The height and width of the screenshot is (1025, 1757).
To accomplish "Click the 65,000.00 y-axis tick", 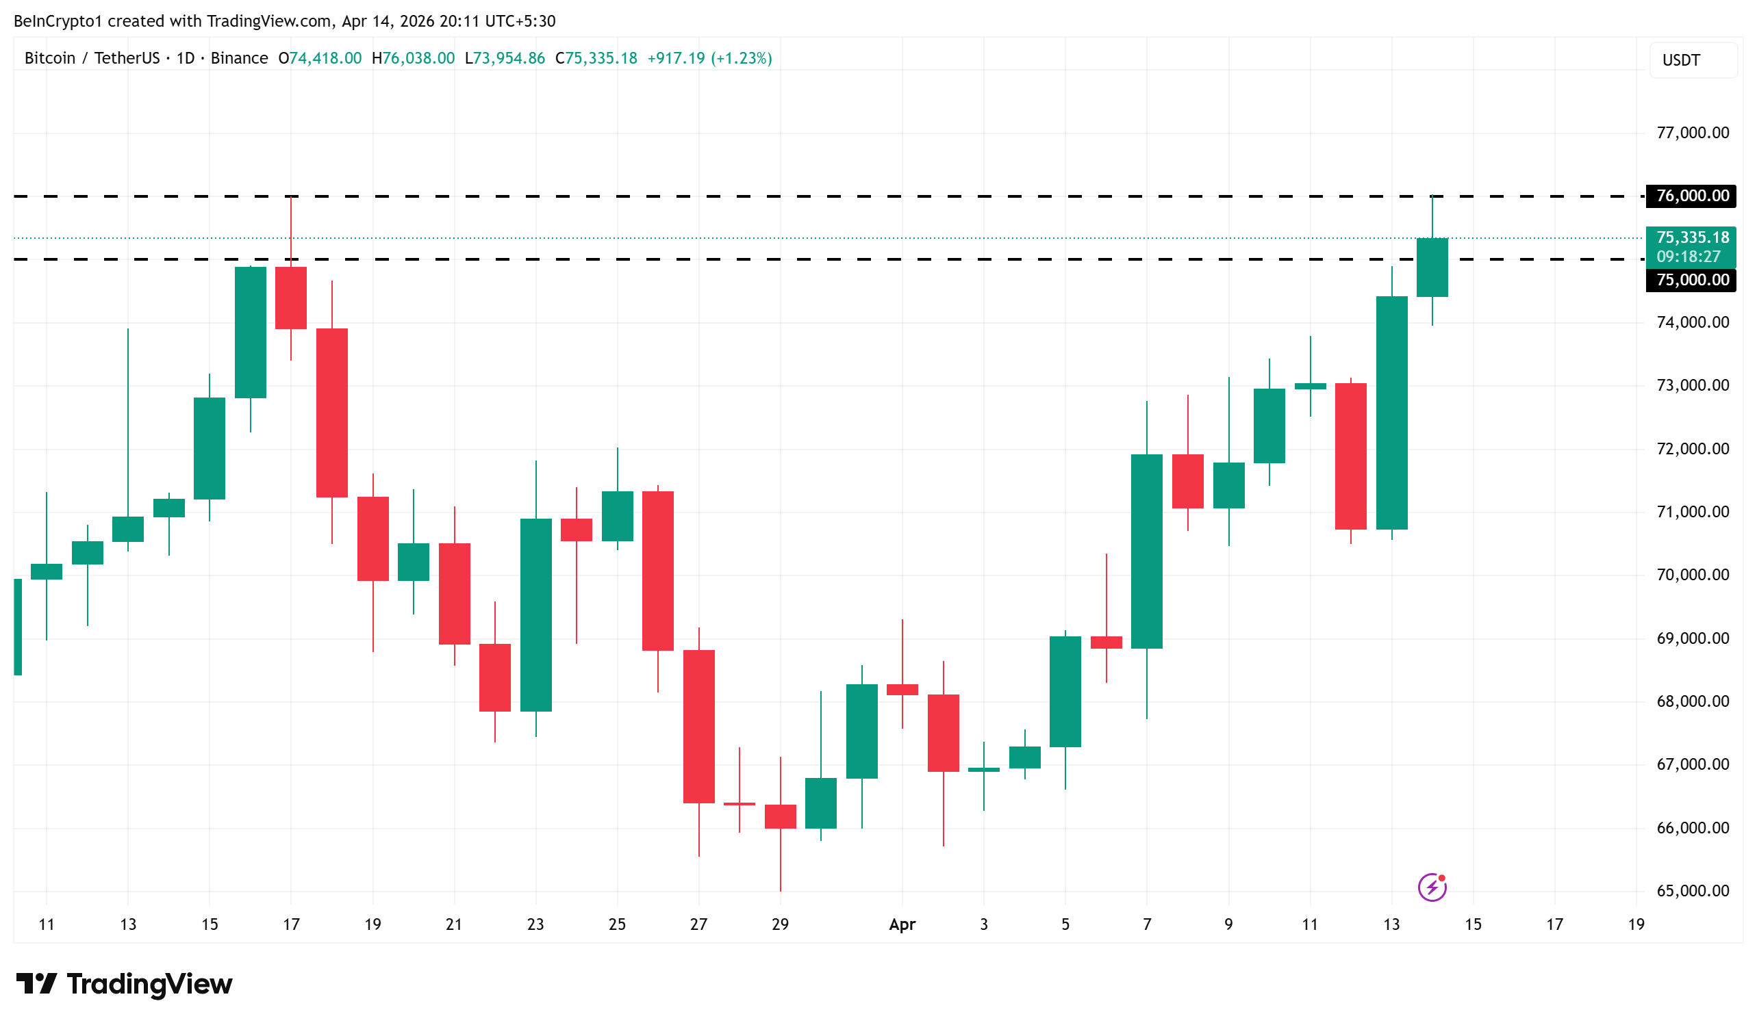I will coord(1692,890).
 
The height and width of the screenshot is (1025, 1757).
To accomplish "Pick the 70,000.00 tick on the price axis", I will coord(1692,575).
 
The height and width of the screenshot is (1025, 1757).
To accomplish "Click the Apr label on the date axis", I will coord(902,924).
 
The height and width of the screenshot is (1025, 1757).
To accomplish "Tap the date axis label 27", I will coord(698,924).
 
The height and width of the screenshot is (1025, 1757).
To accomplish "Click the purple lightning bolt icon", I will coord(1432,887).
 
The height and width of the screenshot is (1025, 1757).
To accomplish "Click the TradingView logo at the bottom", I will coord(124,984).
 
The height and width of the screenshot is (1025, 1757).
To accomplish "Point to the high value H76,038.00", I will coord(414,59).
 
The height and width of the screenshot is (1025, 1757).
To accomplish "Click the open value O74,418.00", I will coord(320,59).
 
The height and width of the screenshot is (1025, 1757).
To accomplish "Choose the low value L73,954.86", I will coord(505,59).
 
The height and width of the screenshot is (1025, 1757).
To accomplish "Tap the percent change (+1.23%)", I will coord(741,59).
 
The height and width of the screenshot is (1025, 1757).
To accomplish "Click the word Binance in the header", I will coord(239,59).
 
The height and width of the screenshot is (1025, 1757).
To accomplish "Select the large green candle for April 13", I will coord(1391,413).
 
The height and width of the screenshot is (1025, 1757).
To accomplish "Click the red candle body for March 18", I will coord(332,413).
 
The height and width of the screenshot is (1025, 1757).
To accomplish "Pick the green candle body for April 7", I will coord(1147,552).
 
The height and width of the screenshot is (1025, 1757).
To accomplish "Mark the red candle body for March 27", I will coord(698,726).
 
